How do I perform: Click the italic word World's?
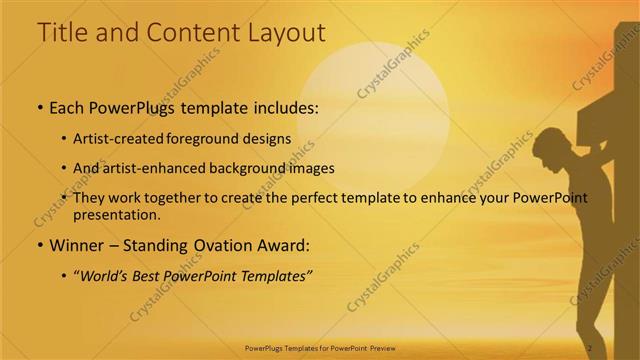pyautogui.click(x=104, y=275)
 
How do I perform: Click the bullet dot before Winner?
pyautogui.click(x=39, y=246)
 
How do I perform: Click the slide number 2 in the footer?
pyautogui.click(x=590, y=347)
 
